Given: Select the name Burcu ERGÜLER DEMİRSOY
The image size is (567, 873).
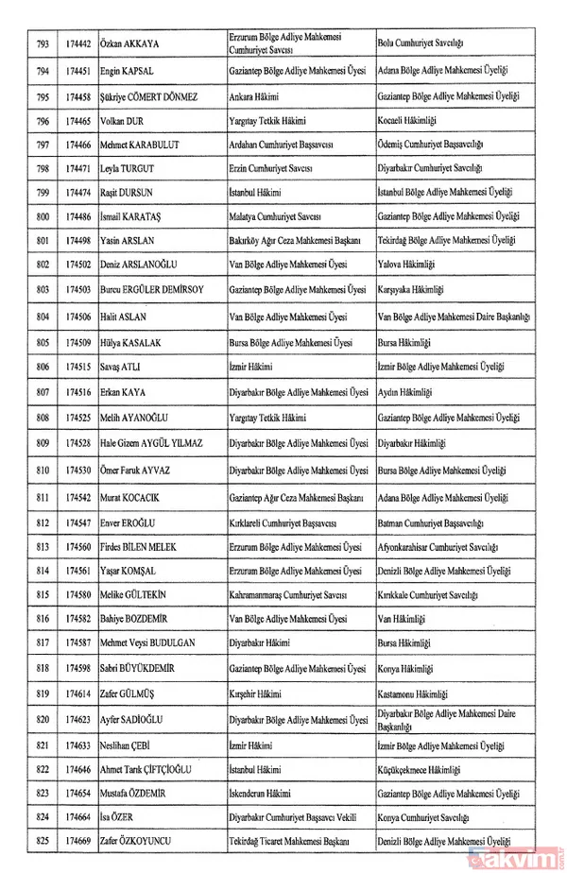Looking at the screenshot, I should [156, 291].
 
